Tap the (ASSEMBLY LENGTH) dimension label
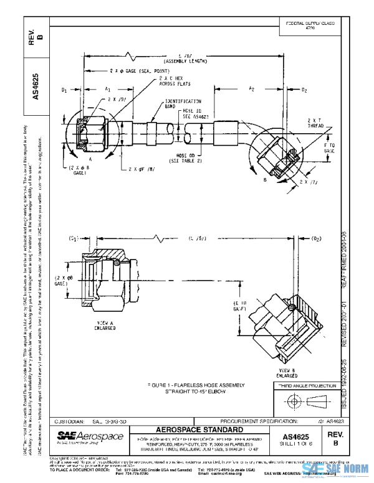(x=184, y=62)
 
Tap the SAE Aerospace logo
(x=90, y=436)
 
